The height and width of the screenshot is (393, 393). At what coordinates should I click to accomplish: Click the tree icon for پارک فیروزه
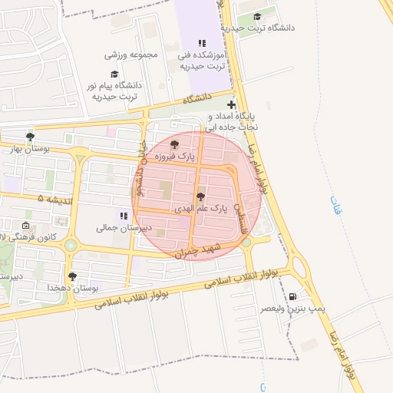pyautogui.click(x=175, y=144)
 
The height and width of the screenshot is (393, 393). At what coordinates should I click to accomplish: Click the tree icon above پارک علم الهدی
pyautogui.click(x=201, y=197)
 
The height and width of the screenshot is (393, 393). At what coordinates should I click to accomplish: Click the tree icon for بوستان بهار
pyautogui.click(x=30, y=137)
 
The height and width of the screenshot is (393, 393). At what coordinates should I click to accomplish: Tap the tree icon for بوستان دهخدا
pyautogui.click(x=72, y=276)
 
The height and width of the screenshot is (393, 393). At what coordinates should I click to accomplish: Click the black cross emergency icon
pyautogui.click(x=231, y=104)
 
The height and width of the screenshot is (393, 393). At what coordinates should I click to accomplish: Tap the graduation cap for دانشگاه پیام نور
pyautogui.click(x=114, y=74)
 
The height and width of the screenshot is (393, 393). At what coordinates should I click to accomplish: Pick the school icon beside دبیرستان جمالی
pyautogui.click(x=123, y=216)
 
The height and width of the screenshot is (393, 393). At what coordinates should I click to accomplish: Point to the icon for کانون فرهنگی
pyautogui.click(x=26, y=226)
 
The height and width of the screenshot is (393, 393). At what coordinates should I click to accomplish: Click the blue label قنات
pyautogui.click(x=337, y=204)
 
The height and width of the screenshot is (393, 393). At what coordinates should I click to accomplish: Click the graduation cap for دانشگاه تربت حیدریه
pyautogui.click(x=257, y=16)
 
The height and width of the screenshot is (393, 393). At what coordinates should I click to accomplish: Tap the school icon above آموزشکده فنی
pyautogui.click(x=202, y=44)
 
